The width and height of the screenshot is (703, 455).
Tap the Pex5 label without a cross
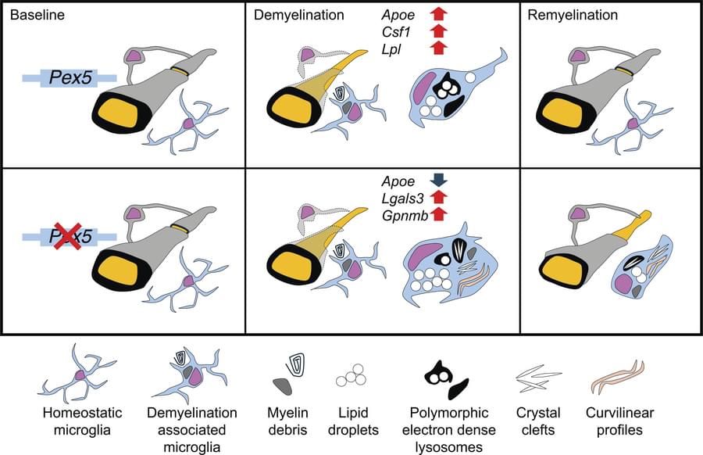click(x=70, y=77)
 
